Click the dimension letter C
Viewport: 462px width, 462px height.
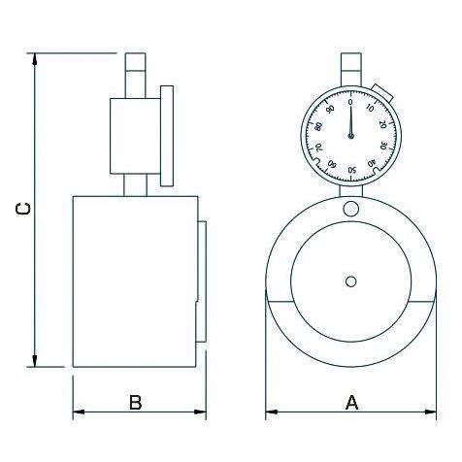coord(23,209)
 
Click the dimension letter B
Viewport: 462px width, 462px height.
coord(136,403)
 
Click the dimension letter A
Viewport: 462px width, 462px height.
coord(352,403)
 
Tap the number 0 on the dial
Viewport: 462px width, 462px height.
coord(350,102)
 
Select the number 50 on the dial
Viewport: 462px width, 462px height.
coord(352,170)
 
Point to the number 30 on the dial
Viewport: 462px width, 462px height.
coord(384,146)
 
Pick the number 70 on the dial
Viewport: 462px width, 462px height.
coord(318,148)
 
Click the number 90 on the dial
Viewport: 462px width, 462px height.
coord(330,110)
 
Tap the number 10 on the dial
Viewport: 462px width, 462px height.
coord(370,108)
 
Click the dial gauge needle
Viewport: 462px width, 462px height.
coord(350,121)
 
